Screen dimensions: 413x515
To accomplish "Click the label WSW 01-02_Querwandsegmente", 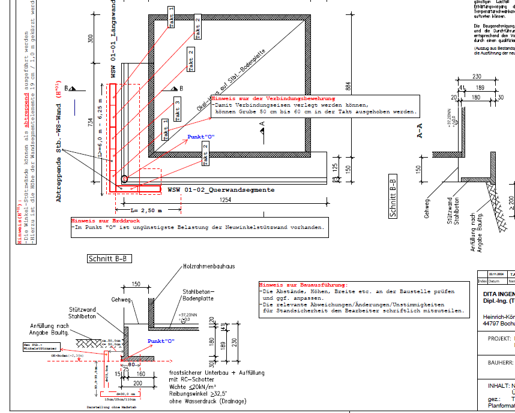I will [221, 190].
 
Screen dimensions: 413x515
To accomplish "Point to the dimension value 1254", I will [225, 200].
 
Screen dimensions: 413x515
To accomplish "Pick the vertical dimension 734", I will [91, 123].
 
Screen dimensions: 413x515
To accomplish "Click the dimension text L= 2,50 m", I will [148, 210].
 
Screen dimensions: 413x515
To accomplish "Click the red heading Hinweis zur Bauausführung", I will [303, 285].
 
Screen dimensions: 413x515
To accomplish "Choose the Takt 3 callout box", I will [177, 110].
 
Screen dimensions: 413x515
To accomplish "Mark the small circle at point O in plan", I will [124, 179].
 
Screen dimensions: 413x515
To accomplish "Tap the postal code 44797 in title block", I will [490, 322].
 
